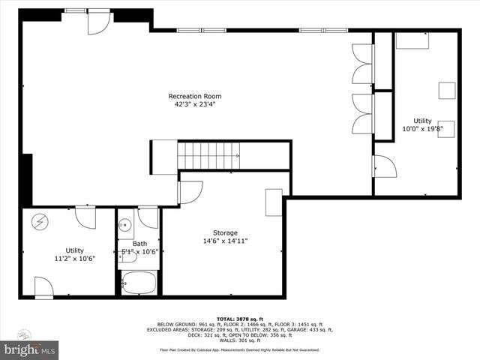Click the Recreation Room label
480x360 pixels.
point(194,96)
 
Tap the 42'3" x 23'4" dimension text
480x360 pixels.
point(194,105)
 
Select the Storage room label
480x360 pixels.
point(224,232)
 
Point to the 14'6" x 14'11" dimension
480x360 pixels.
point(224,241)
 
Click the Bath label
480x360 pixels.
point(140,243)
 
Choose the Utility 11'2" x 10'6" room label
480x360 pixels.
point(74,250)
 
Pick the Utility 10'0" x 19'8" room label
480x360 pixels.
point(422,120)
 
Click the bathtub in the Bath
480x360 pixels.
point(139,283)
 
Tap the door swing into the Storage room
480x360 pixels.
point(189,192)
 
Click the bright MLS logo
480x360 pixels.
point(30,349)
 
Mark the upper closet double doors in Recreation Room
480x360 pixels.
point(361,64)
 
